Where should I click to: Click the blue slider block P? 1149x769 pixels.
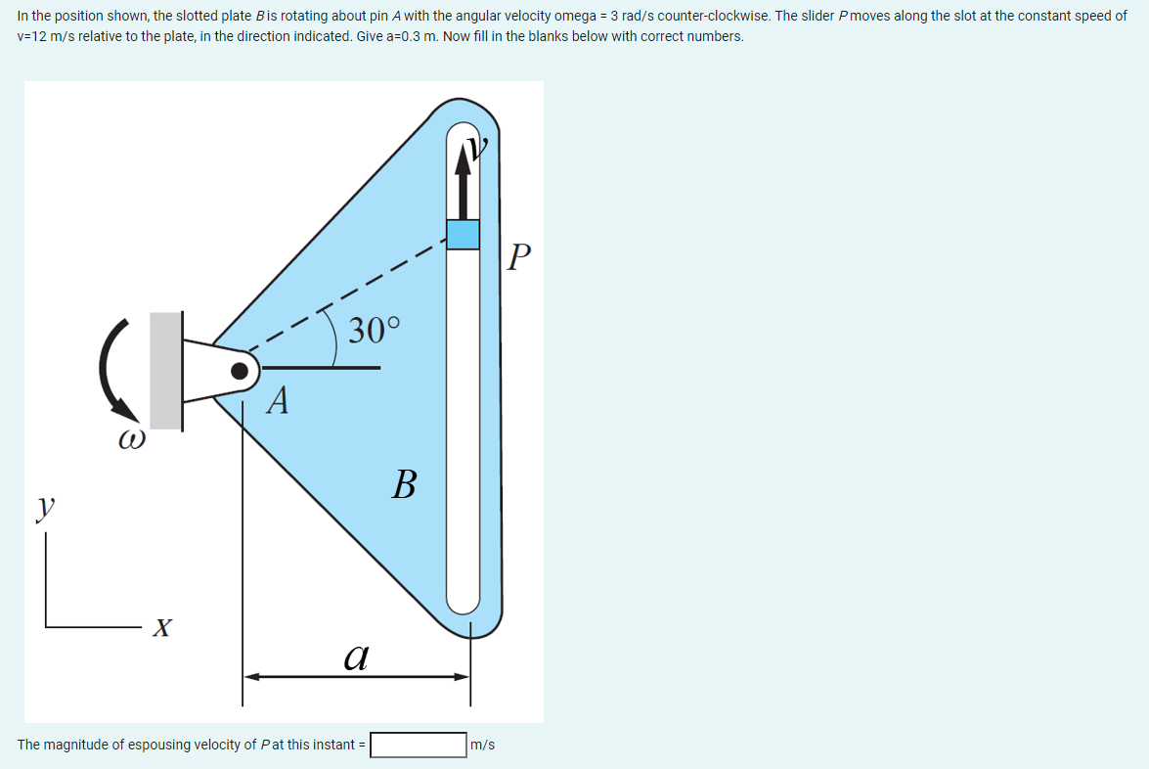tap(464, 234)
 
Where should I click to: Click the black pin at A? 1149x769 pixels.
tap(239, 370)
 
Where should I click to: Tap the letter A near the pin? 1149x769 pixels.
tap(279, 400)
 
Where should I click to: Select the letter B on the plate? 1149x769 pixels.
tap(404, 483)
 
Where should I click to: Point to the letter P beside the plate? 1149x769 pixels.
tap(521, 258)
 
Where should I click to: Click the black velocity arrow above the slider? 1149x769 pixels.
tap(464, 181)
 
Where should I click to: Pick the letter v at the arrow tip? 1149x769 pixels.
tap(477, 148)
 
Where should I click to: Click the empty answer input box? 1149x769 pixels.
tap(418, 746)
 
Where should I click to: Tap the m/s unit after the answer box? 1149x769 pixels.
tap(483, 746)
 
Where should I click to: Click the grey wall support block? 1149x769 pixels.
tap(165, 371)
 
